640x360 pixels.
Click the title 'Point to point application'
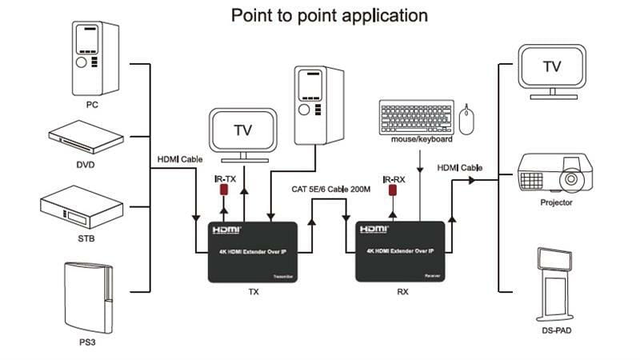(x=329, y=15)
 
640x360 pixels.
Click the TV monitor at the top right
(x=552, y=67)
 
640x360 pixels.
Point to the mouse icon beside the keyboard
(x=467, y=119)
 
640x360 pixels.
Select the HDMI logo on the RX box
(x=374, y=229)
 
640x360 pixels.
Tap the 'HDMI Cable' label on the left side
(x=180, y=158)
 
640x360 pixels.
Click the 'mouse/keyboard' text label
(x=422, y=139)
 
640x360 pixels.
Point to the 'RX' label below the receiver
(x=402, y=292)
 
